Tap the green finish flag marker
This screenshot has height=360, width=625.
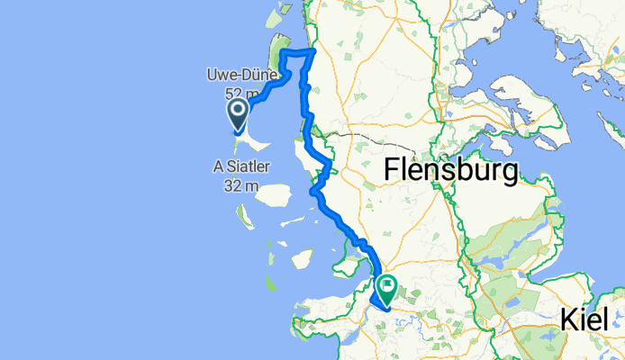click(388, 289)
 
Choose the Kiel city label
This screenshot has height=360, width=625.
click(591, 319)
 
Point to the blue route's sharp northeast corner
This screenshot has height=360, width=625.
click(313, 52)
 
